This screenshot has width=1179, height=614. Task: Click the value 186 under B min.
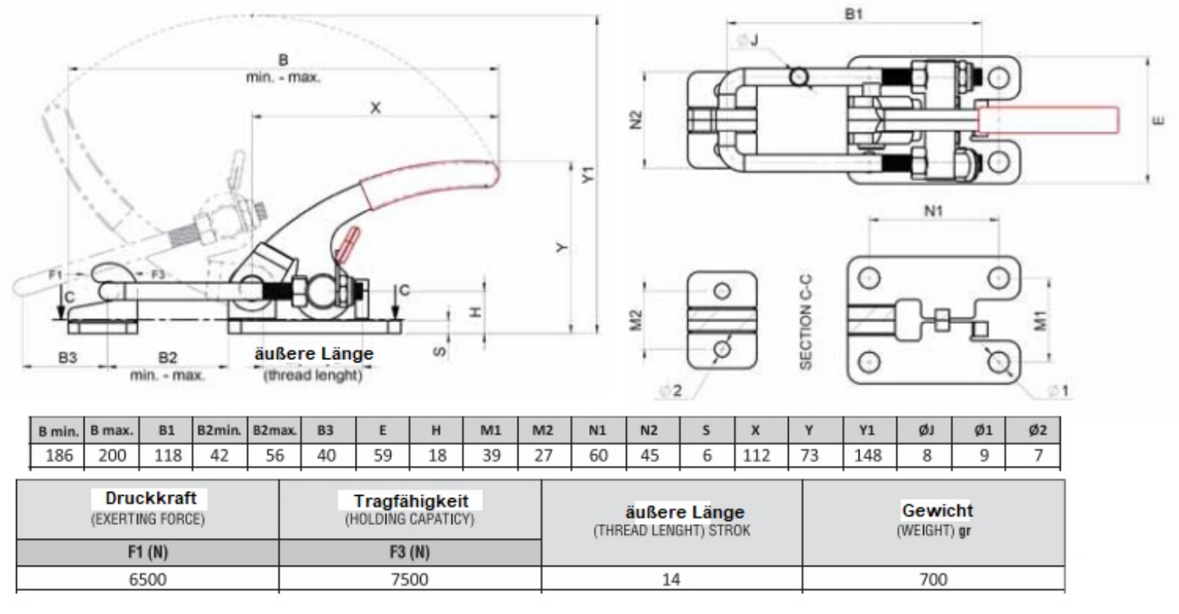(59, 455)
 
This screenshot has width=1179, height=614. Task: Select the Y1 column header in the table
(867, 431)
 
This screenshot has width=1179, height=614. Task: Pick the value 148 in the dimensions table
(867, 455)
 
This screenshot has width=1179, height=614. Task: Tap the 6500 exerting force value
(148, 579)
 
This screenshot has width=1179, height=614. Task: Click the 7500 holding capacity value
(410, 579)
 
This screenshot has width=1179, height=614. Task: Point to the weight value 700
(933, 579)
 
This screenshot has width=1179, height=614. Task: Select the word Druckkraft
(150, 497)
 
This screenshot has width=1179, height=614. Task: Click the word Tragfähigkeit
(410, 501)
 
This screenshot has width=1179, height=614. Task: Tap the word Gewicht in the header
(937, 510)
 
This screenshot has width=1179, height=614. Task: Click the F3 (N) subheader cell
(410, 552)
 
